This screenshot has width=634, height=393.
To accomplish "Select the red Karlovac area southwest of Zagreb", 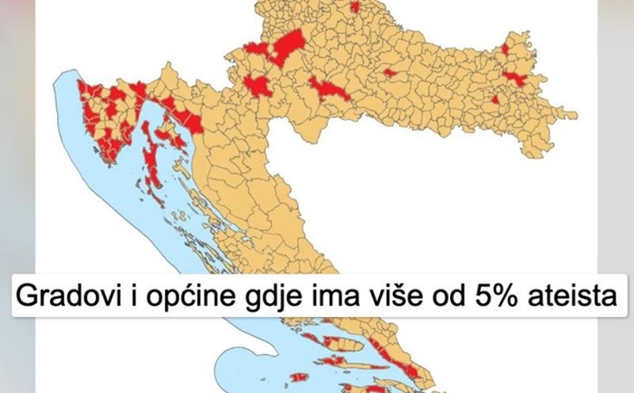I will point(257,85).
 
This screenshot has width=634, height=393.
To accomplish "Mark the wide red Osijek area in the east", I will point(515,77).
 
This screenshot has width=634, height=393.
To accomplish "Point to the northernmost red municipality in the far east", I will point(505,49).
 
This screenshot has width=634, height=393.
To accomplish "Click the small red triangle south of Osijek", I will point(495,100).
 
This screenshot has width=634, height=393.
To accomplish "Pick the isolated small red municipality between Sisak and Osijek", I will point(389,72).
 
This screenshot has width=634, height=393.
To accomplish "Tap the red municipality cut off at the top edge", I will point(354,6).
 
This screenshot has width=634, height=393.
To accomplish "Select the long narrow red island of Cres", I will point(151,151).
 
